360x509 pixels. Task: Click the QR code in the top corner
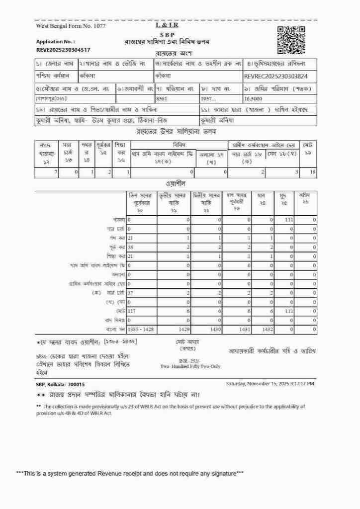tap(291, 39)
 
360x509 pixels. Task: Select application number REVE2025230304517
tap(63, 50)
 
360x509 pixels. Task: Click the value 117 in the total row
tap(132, 311)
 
